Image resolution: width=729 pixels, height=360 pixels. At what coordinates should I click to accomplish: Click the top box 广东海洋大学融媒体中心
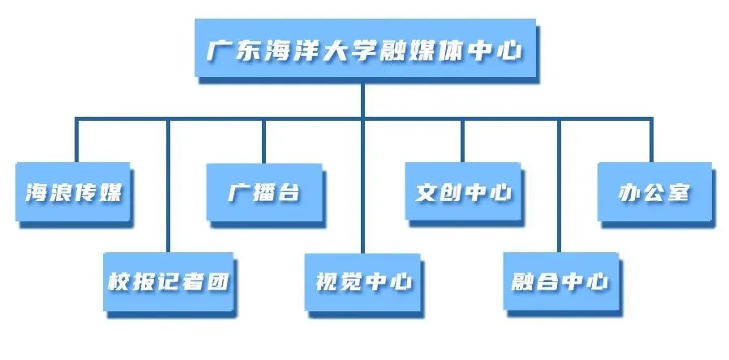pos(362,49)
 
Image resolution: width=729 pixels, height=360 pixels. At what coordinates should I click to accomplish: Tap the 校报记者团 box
pos(169,282)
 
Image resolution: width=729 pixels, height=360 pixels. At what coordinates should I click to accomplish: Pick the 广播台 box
pos(263,193)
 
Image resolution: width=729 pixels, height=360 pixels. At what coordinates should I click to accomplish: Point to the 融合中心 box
pos(560,282)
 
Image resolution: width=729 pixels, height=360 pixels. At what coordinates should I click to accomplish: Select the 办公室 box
pos(654,193)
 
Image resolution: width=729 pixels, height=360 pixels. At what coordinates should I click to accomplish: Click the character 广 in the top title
pos(217,50)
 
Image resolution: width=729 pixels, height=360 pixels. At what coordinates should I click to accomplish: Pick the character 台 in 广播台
pos(288,194)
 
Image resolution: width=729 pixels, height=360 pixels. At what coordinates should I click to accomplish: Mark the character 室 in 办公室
pos(679,194)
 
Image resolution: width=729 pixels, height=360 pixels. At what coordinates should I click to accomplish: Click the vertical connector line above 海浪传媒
pos(76,140)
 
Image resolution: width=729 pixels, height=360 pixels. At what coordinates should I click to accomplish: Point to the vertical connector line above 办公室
pos(653,140)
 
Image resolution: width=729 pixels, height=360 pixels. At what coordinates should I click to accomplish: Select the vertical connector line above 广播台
pos(263,140)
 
